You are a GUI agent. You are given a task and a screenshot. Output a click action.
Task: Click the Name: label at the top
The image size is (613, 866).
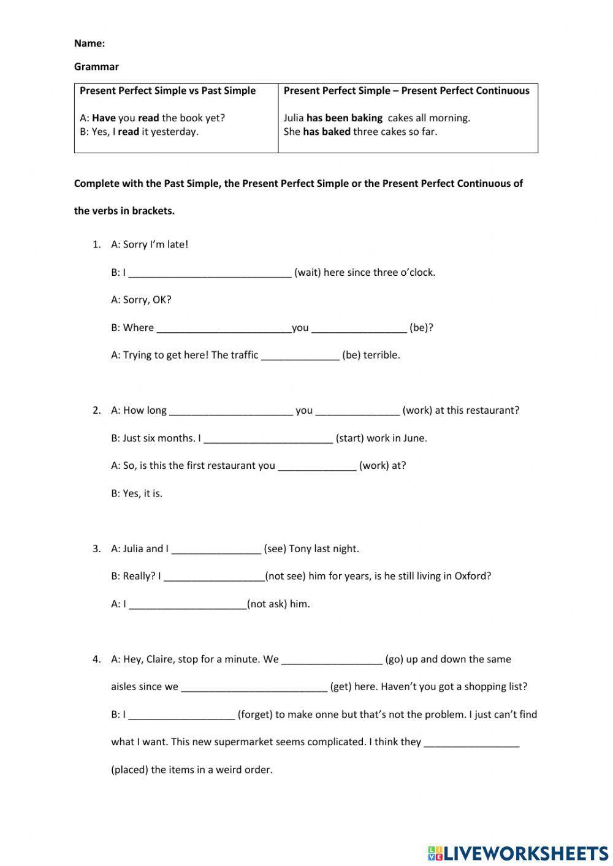pyautogui.click(x=89, y=44)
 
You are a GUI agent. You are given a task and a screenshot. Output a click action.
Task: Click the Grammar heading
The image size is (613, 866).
pyautogui.click(x=96, y=67)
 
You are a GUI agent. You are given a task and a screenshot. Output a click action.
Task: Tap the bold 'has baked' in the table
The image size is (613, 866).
pyautogui.click(x=326, y=131)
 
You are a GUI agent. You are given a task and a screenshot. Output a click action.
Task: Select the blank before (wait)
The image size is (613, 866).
pyautogui.click(x=210, y=273)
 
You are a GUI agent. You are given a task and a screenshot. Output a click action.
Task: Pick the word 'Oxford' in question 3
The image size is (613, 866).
pyautogui.click(x=473, y=576)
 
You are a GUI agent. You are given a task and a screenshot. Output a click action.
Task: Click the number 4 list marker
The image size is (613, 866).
pyautogui.click(x=96, y=659)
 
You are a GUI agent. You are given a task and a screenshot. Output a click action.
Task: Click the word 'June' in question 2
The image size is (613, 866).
pyautogui.click(x=414, y=438)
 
